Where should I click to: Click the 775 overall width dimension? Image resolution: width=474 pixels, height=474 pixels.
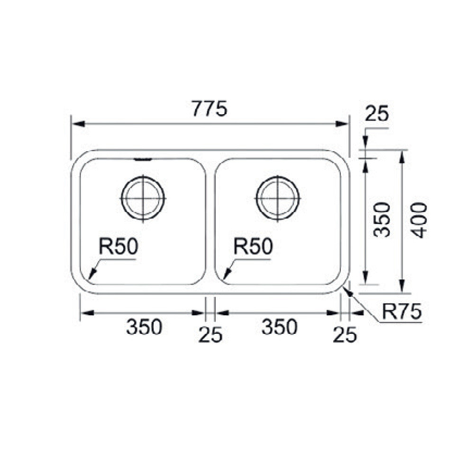[x=209, y=109]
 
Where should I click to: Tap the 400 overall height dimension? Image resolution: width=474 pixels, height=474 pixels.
[x=420, y=220]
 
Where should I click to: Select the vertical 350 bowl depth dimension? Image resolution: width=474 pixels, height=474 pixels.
[x=382, y=220]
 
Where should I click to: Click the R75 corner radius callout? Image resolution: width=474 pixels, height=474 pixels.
[x=402, y=311]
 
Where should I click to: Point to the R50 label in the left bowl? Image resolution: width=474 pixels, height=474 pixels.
[x=118, y=246]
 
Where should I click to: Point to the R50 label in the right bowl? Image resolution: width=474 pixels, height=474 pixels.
[x=253, y=246]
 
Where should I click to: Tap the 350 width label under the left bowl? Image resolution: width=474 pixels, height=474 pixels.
[x=144, y=327]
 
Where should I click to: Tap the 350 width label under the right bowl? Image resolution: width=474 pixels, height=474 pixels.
[x=279, y=327]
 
